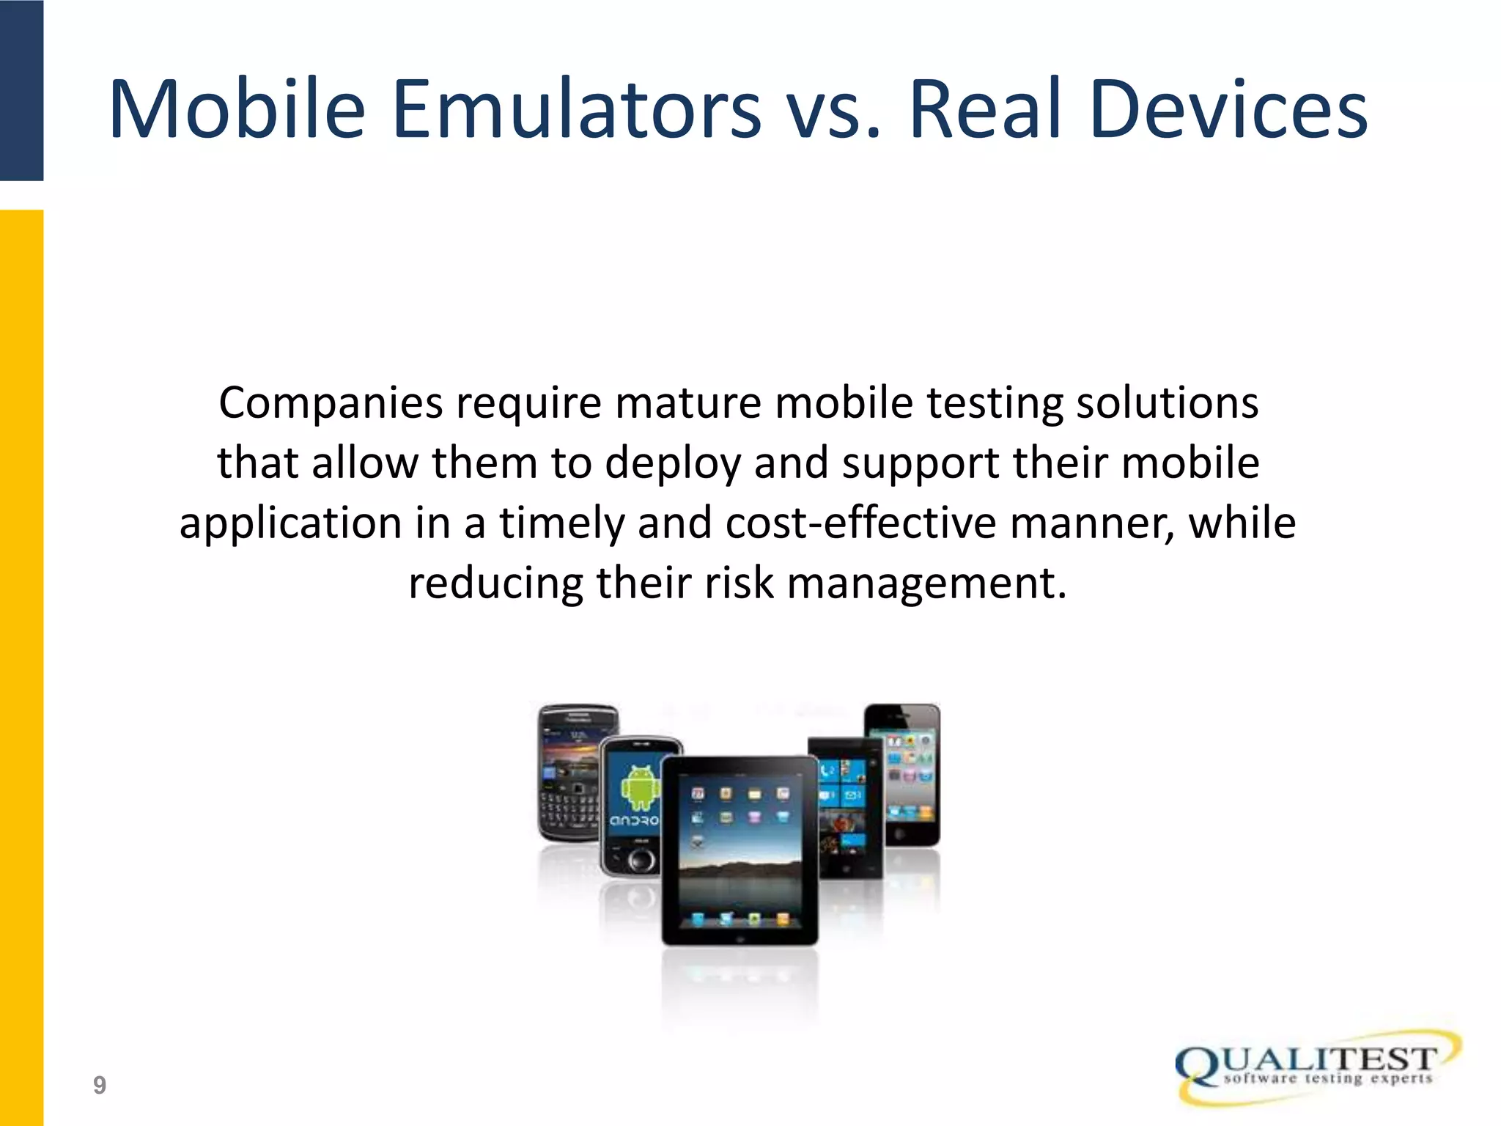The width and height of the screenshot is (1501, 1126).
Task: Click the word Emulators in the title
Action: tap(576, 110)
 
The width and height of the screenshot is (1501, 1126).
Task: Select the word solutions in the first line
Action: tap(1167, 403)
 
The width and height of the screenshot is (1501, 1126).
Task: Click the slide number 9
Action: tap(100, 1085)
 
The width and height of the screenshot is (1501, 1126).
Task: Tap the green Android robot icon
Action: tap(641, 787)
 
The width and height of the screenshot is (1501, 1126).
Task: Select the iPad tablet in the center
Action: tap(739, 850)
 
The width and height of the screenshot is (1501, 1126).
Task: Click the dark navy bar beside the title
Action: tap(21, 89)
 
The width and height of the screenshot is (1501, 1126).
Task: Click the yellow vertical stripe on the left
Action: tap(21, 660)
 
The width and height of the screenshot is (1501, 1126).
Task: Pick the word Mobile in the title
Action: tap(237, 110)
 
